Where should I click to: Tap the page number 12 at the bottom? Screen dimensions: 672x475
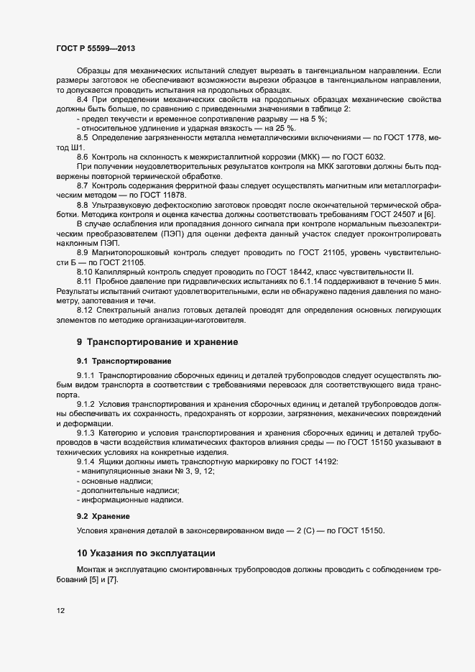(x=60, y=611)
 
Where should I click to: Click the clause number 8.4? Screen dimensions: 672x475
(x=83, y=98)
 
